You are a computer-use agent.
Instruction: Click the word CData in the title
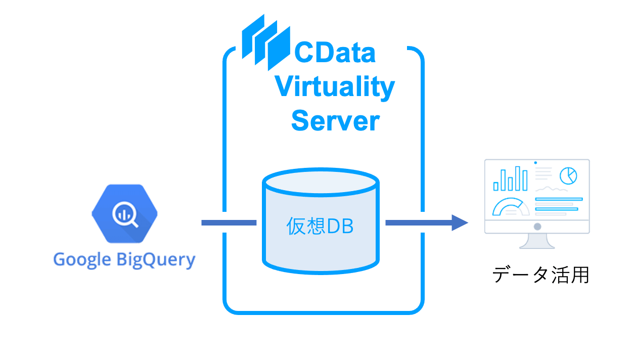tap(335, 53)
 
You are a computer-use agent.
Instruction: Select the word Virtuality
tap(335, 87)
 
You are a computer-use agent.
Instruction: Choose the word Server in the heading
tap(335, 121)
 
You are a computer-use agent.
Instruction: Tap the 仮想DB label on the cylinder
tap(320, 227)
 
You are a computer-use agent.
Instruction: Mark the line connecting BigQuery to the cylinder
tap(229, 222)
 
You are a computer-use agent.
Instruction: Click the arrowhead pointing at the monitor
tap(460, 222)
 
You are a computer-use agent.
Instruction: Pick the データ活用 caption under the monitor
tap(540, 275)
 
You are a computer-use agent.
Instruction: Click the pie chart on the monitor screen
tap(568, 176)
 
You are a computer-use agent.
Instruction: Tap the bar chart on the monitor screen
tap(511, 179)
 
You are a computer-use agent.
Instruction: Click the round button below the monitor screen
tap(537, 227)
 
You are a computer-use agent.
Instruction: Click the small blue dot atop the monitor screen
tap(535, 163)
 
